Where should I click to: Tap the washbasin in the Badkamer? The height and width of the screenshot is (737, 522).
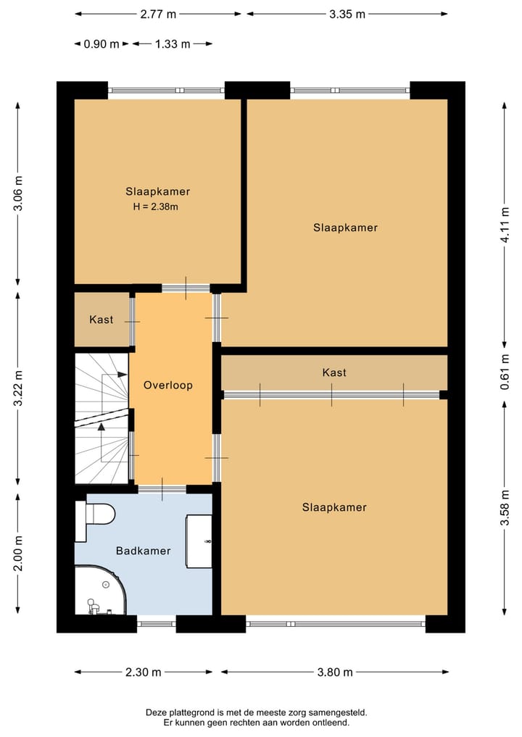[x=199, y=541]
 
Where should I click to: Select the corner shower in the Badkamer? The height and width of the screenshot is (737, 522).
[x=100, y=591]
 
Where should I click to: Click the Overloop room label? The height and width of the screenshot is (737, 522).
[x=168, y=386]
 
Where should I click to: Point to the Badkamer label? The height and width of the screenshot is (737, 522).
[x=144, y=551]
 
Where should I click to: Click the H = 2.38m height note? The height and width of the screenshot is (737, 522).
[x=156, y=207]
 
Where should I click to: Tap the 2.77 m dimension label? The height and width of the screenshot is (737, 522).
[x=158, y=14]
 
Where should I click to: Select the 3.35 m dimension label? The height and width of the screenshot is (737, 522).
[x=347, y=14]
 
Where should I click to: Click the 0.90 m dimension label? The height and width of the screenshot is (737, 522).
[x=101, y=44]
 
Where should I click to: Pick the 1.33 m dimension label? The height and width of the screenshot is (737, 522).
[x=173, y=44]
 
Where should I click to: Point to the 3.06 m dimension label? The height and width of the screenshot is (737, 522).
[x=18, y=193]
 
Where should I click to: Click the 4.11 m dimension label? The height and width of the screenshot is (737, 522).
[x=505, y=225]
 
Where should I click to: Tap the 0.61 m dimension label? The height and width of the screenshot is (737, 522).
[x=505, y=372]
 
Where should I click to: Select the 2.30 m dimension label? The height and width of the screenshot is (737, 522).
[x=144, y=672]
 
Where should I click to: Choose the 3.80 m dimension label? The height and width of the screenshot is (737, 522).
[x=335, y=672]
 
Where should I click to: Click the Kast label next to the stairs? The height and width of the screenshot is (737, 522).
[x=101, y=320]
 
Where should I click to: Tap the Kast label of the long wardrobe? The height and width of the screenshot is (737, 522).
[x=334, y=372]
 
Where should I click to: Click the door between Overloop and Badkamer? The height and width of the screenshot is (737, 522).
[x=162, y=489]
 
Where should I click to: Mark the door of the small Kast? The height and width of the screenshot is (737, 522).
[x=132, y=322]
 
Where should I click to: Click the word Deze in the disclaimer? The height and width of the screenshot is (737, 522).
[x=156, y=712]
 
